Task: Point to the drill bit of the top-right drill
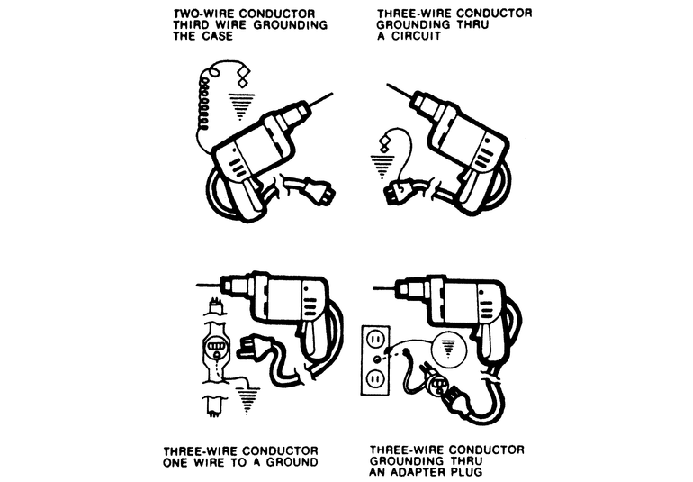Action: (400, 92)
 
